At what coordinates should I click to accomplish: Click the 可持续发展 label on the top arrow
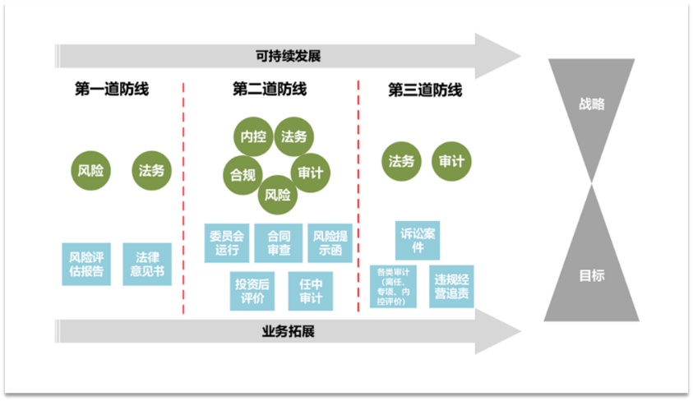coord(287,57)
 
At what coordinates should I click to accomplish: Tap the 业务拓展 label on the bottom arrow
coord(288,332)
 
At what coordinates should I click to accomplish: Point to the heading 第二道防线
coord(270,90)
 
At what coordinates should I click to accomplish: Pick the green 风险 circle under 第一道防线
coord(90,171)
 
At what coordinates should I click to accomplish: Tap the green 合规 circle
coord(243,174)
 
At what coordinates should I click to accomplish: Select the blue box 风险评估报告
coord(86,264)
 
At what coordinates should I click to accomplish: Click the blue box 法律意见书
coord(147,264)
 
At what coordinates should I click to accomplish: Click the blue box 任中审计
coord(311,291)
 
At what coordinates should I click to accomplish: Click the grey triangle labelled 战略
coord(591,105)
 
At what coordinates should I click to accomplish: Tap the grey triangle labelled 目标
coord(591,275)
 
